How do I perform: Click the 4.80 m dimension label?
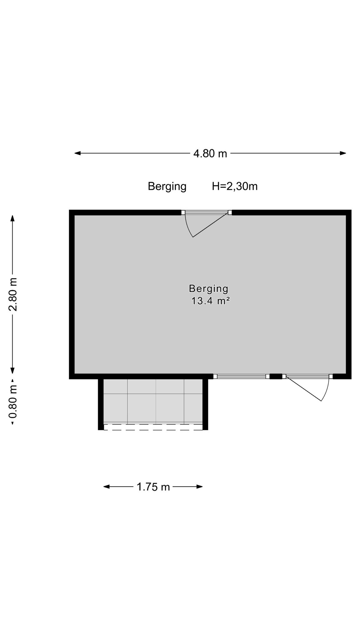click(x=210, y=154)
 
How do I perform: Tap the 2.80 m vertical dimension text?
click(x=13, y=294)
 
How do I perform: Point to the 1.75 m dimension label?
click(x=153, y=487)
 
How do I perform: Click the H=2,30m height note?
click(x=235, y=186)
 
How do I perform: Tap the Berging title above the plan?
click(x=167, y=187)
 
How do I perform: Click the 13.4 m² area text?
click(x=211, y=301)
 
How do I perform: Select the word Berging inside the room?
click(x=209, y=288)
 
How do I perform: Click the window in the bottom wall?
click(x=241, y=376)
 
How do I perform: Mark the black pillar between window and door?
click(x=276, y=376)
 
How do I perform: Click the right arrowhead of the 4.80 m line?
click(x=343, y=153)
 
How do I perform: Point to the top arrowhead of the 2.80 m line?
click(x=12, y=218)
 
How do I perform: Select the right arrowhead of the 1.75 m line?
click(x=199, y=487)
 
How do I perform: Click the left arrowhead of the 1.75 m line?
click(x=107, y=487)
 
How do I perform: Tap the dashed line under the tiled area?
click(x=153, y=430)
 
